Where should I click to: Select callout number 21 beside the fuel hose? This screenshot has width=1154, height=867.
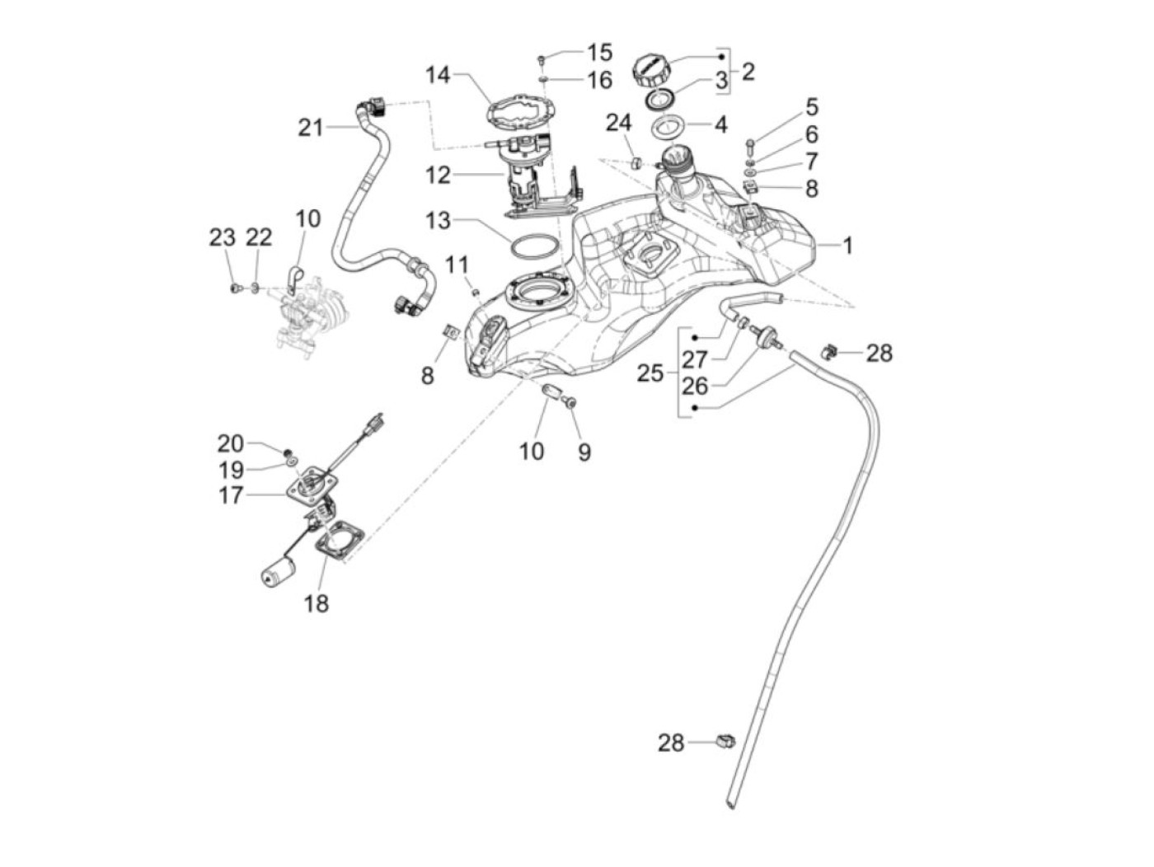[x=310, y=128]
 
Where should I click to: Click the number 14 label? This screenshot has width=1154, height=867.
[x=439, y=76]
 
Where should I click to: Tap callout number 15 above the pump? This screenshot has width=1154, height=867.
[x=599, y=53]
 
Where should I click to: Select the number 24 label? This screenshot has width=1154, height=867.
[x=618, y=123]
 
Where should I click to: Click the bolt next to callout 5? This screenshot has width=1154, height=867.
[x=750, y=148]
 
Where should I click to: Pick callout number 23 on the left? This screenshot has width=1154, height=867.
[x=222, y=238]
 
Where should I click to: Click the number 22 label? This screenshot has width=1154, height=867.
[x=259, y=238]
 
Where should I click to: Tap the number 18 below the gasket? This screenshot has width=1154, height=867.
[x=316, y=604]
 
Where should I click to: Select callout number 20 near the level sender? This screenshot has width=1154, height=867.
[x=231, y=443]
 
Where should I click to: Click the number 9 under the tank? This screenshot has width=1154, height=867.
[x=584, y=452]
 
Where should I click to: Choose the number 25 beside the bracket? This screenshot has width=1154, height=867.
[x=650, y=373]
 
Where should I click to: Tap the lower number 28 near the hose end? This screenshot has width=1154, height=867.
[x=671, y=743]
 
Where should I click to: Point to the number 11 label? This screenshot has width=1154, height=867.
[x=457, y=265]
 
